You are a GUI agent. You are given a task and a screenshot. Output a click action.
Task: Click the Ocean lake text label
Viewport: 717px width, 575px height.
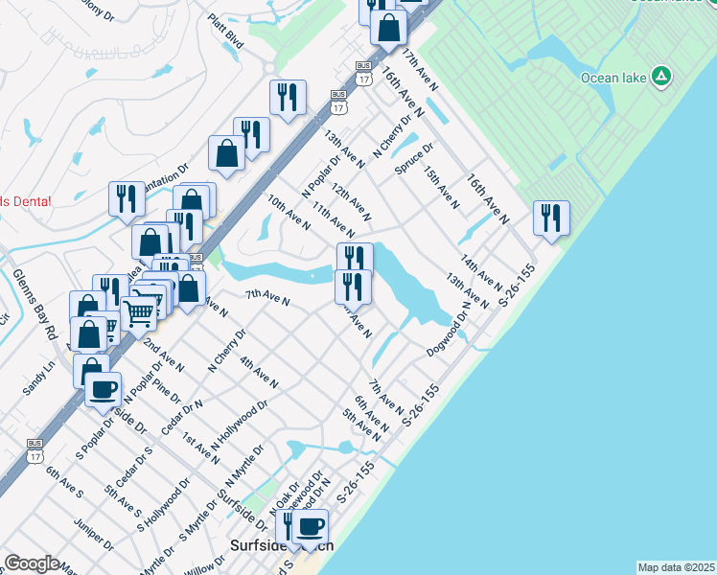tap(614, 77)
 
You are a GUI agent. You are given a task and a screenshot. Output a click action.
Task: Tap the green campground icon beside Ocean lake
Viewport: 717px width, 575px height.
tap(660, 76)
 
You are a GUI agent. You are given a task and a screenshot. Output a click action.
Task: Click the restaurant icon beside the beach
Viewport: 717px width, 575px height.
tap(551, 218)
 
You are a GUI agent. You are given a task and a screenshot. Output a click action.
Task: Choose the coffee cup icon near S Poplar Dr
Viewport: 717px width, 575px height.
tap(104, 390)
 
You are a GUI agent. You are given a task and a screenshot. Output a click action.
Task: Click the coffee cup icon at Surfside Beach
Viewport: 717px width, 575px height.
tap(310, 526)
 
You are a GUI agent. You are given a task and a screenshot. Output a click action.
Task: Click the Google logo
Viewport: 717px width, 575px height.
tap(32, 563)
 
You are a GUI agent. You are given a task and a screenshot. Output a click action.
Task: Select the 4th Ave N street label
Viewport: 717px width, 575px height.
tap(259, 372)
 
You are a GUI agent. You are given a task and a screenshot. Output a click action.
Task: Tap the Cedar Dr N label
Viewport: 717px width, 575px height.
tap(182, 418)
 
